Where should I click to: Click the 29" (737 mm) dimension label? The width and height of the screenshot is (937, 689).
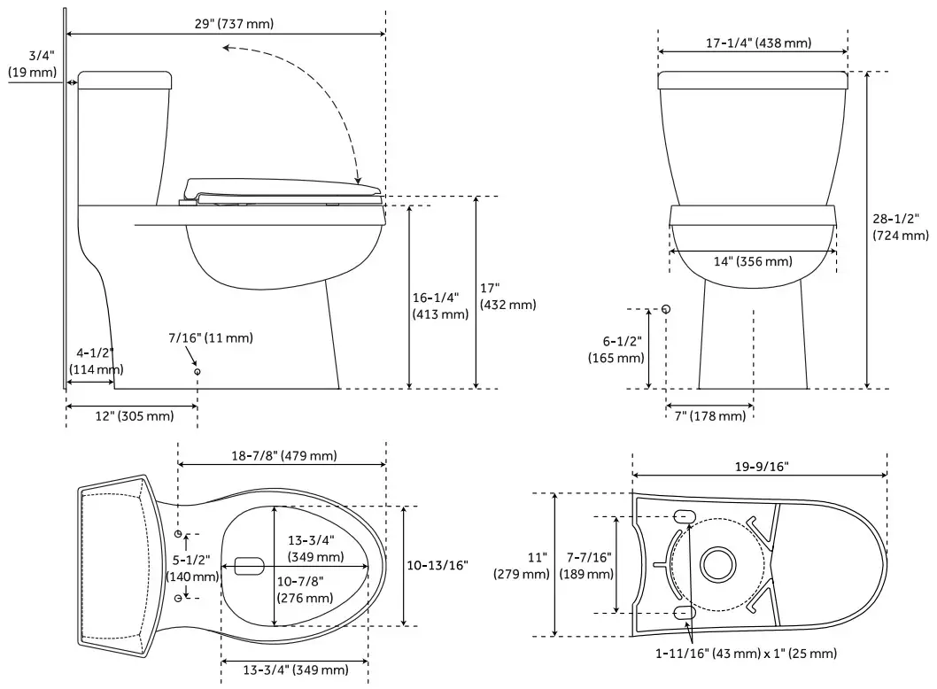tap(234, 23)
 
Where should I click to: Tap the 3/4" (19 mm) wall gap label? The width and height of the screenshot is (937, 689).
tap(32, 64)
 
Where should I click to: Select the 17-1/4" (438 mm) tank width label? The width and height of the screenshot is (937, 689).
tap(758, 43)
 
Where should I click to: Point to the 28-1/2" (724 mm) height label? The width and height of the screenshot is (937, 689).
tap(900, 227)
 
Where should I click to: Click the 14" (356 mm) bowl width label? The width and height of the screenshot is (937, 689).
tap(753, 261)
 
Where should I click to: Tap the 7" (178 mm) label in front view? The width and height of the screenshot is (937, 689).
tap(709, 416)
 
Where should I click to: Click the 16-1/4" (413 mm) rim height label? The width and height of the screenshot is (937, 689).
tap(440, 306)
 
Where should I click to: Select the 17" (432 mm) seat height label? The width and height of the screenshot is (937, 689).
tap(507, 297)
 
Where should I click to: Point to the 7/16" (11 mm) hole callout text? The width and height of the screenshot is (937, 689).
tap(211, 337)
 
